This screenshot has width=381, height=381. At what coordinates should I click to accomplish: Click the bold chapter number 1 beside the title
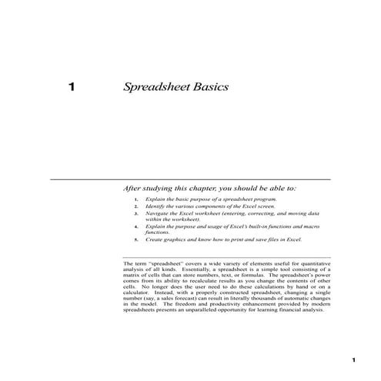[x=72, y=87]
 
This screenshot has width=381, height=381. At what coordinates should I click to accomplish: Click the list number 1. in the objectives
[x=135, y=199]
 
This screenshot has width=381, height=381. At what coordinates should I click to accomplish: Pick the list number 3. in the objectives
[x=135, y=216]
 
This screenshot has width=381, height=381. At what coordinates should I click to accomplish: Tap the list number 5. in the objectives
[x=135, y=239]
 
